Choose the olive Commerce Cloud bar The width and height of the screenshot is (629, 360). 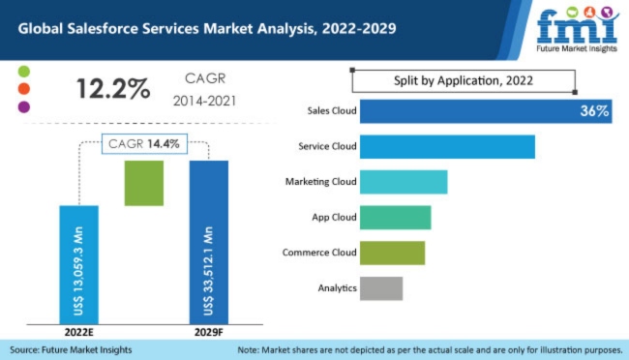(392, 253)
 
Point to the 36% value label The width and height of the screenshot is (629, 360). (593, 111)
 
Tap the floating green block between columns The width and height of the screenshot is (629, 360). (144, 183)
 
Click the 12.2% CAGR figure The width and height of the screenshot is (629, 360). (113, 88)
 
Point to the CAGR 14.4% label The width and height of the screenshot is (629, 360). (144, 142)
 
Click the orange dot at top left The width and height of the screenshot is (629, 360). (24, 89)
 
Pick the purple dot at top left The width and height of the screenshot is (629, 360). (24, 105)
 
